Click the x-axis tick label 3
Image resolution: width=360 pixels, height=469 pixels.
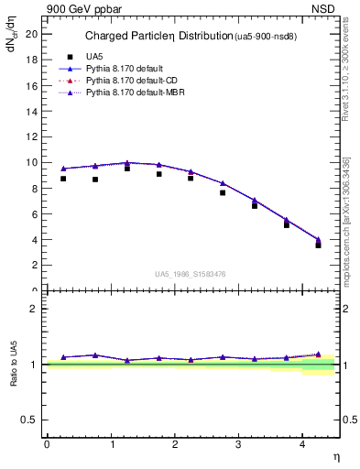(x=238, y=444)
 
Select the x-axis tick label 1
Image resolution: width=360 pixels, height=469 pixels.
(x=111, y=444)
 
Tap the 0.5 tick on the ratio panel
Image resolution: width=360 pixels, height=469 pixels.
(x=31, y=420)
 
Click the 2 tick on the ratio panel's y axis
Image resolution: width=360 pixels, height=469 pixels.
(x=34, y=309)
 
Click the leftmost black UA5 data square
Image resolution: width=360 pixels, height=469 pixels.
(x=63, y=179)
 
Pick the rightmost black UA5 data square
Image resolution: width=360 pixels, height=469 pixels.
(x=319, y=245)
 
